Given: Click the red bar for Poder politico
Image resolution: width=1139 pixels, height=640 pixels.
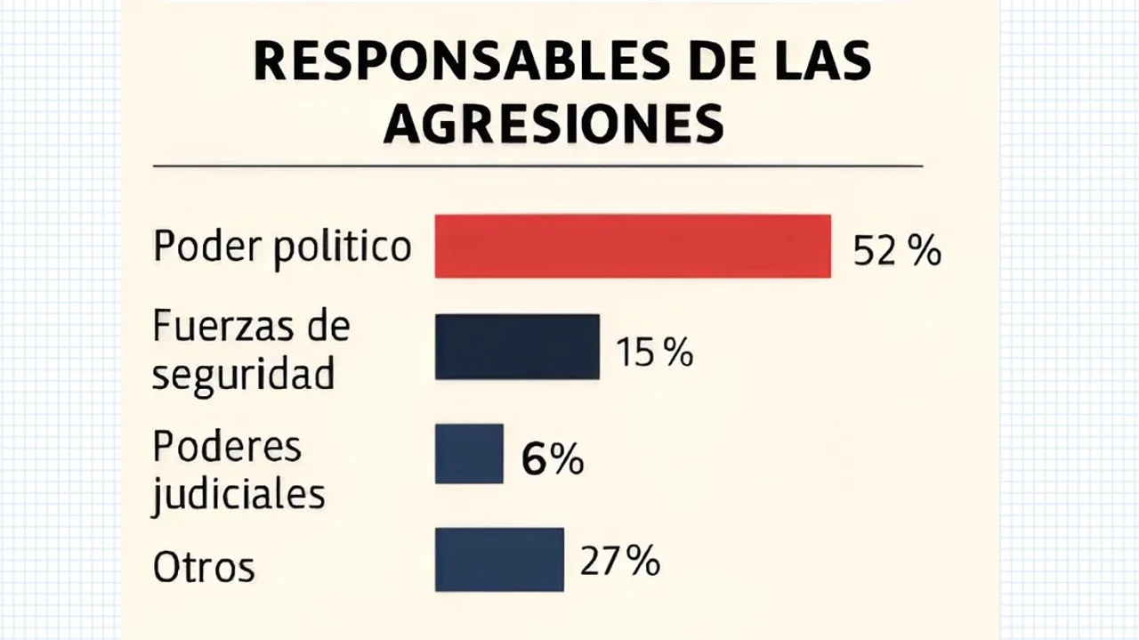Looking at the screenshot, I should pyautogui.click(x=633, y=246).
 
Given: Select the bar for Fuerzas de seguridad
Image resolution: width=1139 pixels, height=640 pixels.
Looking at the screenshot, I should pyautogui.click(x=517, y=346).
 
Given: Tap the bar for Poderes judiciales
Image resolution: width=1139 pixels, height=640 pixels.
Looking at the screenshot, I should pyautogui.click(x=469, y=453).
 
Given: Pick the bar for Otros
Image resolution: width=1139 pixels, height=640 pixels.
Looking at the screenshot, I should pyautogui.click(x=499, y=559).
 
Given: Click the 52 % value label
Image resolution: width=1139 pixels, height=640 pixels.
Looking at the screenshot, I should pyautogui.click(x=896, y=252).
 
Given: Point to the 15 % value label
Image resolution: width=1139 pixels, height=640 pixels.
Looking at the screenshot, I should pyautogui.click(x=654, y=353).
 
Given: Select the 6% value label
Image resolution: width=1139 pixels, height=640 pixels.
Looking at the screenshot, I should pyautogui.click(x=553, y=461).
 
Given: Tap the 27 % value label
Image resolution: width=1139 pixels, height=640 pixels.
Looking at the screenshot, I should pyautogui.click(x=619, y=562).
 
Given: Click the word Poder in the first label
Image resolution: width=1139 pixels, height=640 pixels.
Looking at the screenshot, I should pyautogui.click(x=206, y=245).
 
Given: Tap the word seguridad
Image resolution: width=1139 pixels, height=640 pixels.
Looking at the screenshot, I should pyautogui.click(x=243, y=375).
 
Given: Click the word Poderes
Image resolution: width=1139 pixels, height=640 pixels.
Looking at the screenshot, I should pyautogui.click(x=227, y=446).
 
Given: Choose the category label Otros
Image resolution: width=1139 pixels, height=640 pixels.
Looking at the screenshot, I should pyautogui.click(x=204, y=567).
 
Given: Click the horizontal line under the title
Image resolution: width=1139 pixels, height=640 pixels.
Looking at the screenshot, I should pyautogui.click(x=537, y=166).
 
